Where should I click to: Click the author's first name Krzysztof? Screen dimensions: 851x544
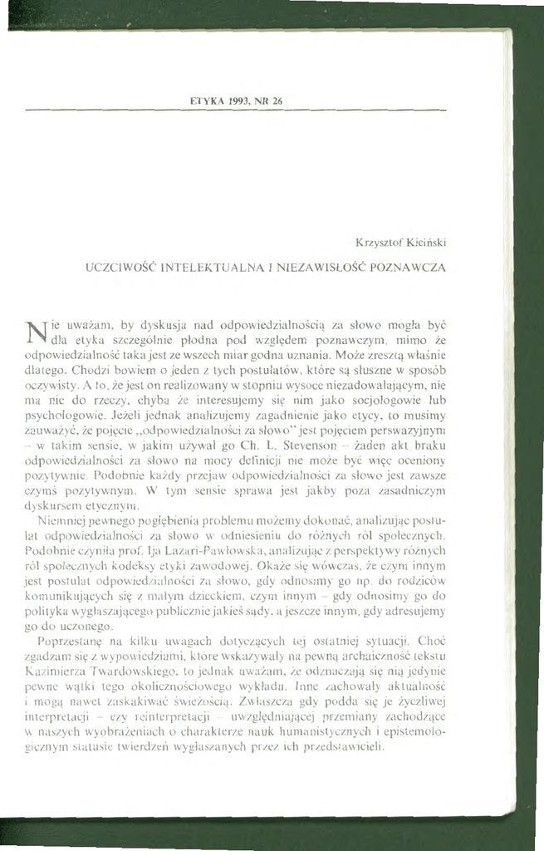(x=377, y=243)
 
